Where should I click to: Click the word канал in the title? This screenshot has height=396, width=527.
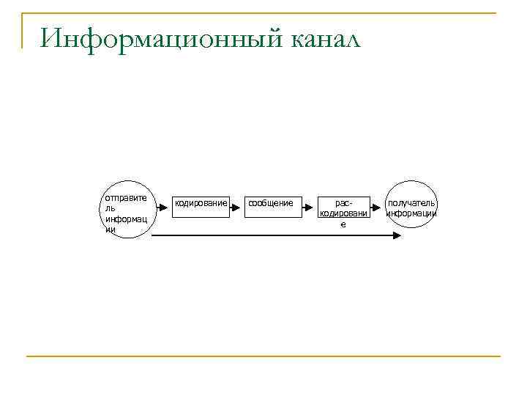pyautogui.click(x=326, y=38)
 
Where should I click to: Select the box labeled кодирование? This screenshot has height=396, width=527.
pyautogui.click(x=201, y=208)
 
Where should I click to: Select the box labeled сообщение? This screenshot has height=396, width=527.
pyautogui.click(x=271, y=208)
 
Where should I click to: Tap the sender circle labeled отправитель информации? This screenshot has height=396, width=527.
pyautogui.click(x=127, y=210)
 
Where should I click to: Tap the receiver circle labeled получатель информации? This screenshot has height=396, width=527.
pyautogui.click(x=412, y=205)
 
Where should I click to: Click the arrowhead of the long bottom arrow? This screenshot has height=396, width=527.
pyautogui.click(x=397, y=235)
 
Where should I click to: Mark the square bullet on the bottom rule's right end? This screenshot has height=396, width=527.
pyautogui.click(x=498, y=356)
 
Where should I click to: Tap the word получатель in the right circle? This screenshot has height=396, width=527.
pyautogui.click(x=412, y=202)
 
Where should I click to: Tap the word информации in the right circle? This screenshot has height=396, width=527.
pyautogui.click(x=412, y=213)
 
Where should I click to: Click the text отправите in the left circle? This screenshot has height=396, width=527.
pyautogui.click(x=125, y=197)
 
